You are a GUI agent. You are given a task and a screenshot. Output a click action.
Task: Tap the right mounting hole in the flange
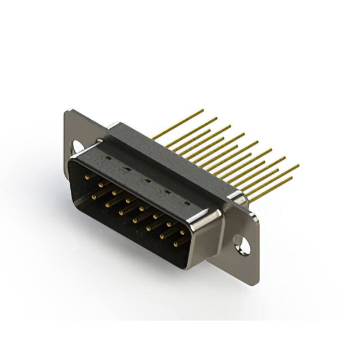coord(242,245)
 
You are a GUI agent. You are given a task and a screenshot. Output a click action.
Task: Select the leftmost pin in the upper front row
coord(87,176)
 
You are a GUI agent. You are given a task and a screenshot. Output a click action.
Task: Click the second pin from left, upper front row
coord(100,184)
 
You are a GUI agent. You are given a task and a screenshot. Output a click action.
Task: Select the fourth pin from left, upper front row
coord(128,200)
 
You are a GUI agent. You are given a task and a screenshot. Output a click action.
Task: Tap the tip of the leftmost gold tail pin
coord(203,110)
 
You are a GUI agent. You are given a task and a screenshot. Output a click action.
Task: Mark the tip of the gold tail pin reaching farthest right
coord(298,166)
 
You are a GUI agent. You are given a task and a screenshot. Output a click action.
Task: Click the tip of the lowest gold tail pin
coord(291,178)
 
